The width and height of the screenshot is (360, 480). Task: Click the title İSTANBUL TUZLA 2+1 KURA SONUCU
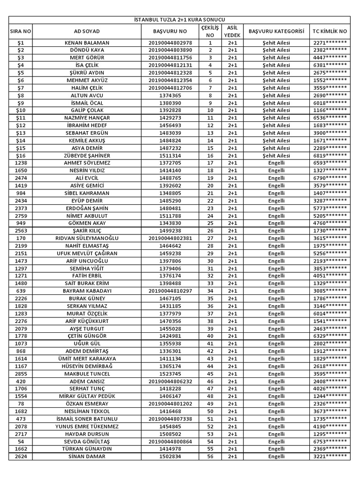tap(180, 20)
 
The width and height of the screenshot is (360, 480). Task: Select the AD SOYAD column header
tap(87, 31)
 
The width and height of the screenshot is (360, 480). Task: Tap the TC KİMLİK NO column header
tap(330, 31)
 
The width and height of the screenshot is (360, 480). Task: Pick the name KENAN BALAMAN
tap(87, 43)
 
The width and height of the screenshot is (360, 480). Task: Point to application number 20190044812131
tap(170, 65)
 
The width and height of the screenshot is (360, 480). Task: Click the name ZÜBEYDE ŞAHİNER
tap(87, 156)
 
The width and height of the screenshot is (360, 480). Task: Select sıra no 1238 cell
tap(21, 163)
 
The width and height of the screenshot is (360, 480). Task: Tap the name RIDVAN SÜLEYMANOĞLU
tap(87, 238)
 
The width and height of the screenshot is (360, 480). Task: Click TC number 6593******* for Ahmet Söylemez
tap(330, 163)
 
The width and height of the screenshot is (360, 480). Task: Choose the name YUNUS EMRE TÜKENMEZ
tap(87, 427)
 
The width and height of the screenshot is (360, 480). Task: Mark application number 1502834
tap(170, 457)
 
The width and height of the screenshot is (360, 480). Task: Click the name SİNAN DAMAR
tap(87, 457)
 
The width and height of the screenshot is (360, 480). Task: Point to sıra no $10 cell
tap(21, 110)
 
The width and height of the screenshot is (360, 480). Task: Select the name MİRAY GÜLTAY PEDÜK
tap(87, 396)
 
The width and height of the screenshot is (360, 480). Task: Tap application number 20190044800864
tap(170, 442)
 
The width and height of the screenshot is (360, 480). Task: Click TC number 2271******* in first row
tap(330, 43)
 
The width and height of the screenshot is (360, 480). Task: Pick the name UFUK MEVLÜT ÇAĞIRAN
tap(87, 253)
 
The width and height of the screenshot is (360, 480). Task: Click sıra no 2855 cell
tap(21, 374)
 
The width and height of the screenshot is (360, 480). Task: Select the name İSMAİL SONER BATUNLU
tap(87, 419)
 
